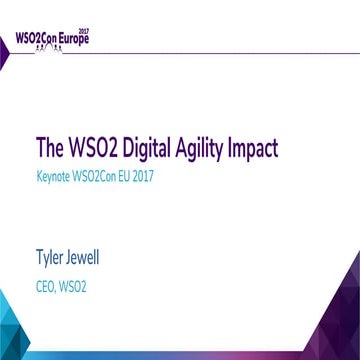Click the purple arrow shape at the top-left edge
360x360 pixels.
[4, 46]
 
